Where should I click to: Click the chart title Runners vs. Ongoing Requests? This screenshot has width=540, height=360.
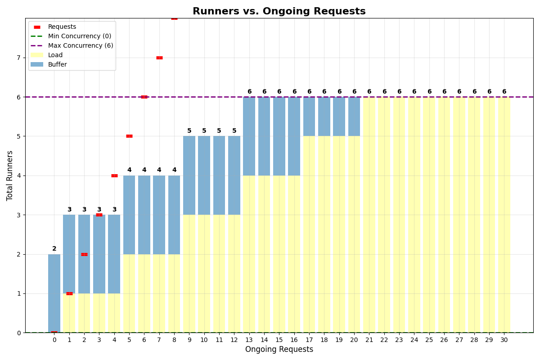click(x=279, y=11)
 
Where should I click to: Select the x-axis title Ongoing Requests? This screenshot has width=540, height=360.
click(x=279, y=350)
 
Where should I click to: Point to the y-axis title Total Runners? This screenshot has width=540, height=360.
click(x=10, y=175)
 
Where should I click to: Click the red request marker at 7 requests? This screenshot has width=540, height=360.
click(x=159, y=58)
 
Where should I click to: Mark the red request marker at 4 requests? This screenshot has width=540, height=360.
click(x=114, y=175)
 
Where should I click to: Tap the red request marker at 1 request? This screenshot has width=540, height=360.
click(x=69, y=293)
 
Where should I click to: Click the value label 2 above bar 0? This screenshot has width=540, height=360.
click(x=54, y=249)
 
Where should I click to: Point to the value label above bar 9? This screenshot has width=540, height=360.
click(x=189, y=131)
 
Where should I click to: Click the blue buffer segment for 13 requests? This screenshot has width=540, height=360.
click(x=249, y=136)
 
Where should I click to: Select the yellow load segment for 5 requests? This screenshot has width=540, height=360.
click(x=129, y=293)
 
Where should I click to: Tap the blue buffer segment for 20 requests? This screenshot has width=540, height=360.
click(x=354, y=116)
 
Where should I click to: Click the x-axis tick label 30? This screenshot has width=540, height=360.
click(x=504, y=340)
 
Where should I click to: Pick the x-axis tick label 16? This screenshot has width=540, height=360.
click(x=294, y=340)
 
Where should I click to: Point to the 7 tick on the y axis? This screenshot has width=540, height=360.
click(x=18, y=58)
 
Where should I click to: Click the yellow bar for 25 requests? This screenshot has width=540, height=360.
click(x=429, y=215)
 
